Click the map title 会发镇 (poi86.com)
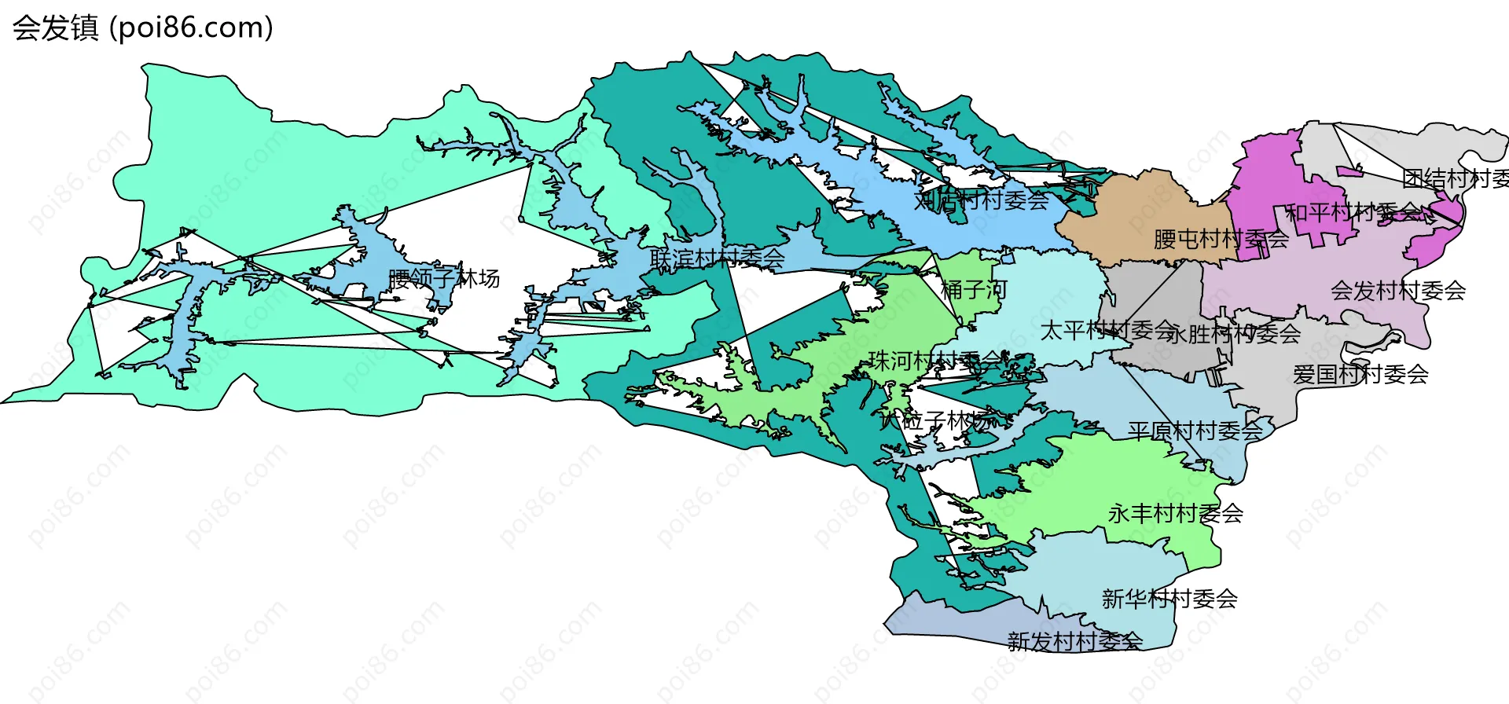point(142,28)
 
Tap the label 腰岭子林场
point(444,278)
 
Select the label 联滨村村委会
point(717,258)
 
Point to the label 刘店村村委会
point(981,200)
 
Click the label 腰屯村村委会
point(1221,239)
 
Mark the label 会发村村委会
point(1398,291)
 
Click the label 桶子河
point(974,290)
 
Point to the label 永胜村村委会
point(1233,335)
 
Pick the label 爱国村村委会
point(1360,374)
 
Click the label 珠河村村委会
point(935,361)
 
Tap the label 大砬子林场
point(935,420)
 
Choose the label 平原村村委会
point(1195,431)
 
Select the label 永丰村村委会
point(1176,514)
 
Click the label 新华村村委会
point(1169,599)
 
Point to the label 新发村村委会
point(1074,641)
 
